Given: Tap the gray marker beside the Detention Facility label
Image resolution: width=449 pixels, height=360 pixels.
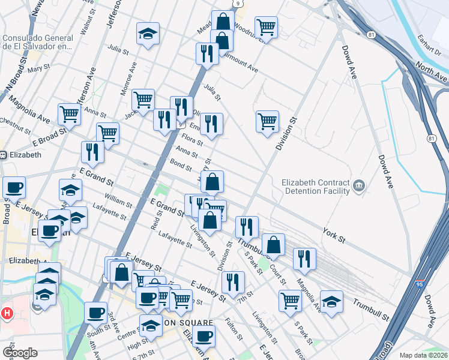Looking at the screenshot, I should tap(359, 185).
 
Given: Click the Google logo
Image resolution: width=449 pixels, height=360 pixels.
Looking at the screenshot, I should tap(20, 353).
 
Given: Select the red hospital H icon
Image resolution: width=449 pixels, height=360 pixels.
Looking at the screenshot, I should tap(7, 313).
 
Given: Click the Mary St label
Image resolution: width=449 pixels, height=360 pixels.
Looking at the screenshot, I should tap(38, 70).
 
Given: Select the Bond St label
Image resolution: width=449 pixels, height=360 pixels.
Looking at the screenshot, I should tap(180, 165).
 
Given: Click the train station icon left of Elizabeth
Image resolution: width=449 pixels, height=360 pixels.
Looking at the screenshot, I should tap(3, 155).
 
